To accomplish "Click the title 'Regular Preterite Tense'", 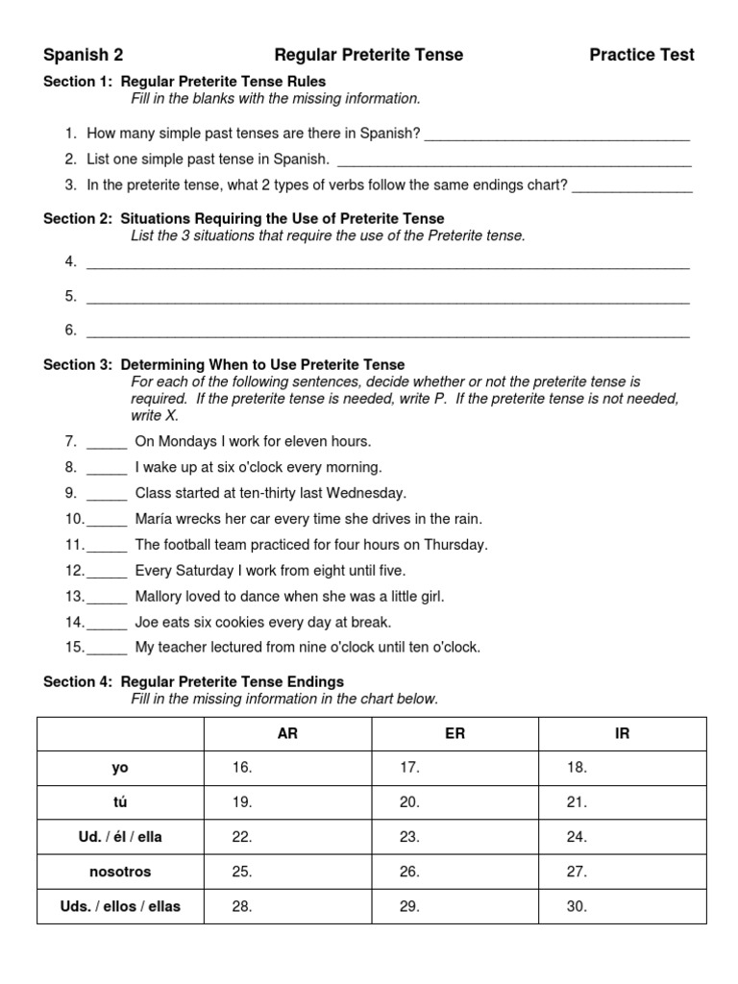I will (369, 55).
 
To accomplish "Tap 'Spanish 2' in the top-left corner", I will (84, 55).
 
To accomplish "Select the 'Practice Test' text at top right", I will (641, 55).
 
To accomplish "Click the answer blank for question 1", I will (557, 135).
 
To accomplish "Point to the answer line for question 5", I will (388, 298).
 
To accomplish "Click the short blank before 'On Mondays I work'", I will (107, 442).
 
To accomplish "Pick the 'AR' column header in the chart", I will (287, 733).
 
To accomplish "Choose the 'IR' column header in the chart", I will (622, 733).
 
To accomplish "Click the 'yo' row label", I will (120, 768).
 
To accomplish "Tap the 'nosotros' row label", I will (120, 872).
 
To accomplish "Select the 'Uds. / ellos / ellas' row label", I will (120, 906).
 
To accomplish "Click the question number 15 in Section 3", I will (75, 648).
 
